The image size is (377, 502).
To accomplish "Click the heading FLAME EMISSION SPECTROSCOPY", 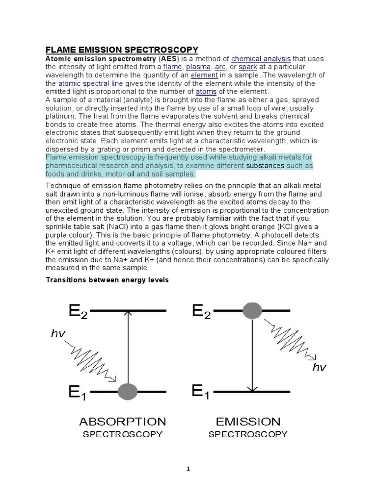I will click(x=122, y=50).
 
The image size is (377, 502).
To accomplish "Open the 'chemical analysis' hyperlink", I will click(x=261, y=58).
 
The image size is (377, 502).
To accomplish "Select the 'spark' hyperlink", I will click(x=248, y=67).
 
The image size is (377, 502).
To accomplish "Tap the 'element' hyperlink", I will click(x=204, y=75).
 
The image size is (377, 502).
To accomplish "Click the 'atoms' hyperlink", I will click(x=206, y=92).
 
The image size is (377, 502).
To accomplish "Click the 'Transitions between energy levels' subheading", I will click(x=107, y=280).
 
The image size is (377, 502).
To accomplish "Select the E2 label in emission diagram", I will click(x=201, y=312).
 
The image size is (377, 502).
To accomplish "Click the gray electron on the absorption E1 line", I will click(x=128, y=391).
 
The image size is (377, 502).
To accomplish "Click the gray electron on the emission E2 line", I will click(x=252, y=311).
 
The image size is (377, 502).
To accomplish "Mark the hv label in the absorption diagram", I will click(x=58, y=334).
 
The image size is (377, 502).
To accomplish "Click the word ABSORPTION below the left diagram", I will click(x=122, y=422).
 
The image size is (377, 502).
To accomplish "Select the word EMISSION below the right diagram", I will click(x=248, y=422).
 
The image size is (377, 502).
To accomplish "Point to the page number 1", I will click(x=188, y=469).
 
